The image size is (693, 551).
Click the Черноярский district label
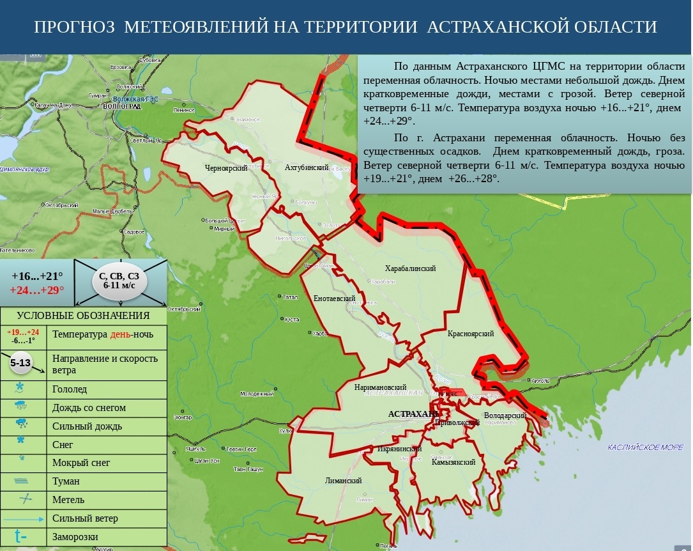[x=226, y=167]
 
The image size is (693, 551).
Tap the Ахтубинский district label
[x=307, y=167]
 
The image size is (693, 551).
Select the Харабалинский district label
[x=411, y=268]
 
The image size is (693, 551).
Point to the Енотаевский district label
[x=335, y=299]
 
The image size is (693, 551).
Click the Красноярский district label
[x=471, y=334]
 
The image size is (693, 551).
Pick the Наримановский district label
[x=381, y=387]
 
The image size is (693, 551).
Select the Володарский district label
[x=505, y=415]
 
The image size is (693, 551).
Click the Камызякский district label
[x=453, y=462]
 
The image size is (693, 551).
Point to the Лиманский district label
[x=344, y=481]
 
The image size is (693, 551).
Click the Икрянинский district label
[x=398, y=449]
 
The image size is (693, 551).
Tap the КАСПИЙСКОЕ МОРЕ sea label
[x=645, y=447]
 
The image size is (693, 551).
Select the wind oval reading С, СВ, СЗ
[x=119, y=281]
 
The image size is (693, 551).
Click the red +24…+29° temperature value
[x=37, y=290]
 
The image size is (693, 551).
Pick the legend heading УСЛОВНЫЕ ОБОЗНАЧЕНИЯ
[x=83, y=316]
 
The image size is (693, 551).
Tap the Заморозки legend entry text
[x=75, y=537]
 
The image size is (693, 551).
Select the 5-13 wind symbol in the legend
[x=20, y=362]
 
